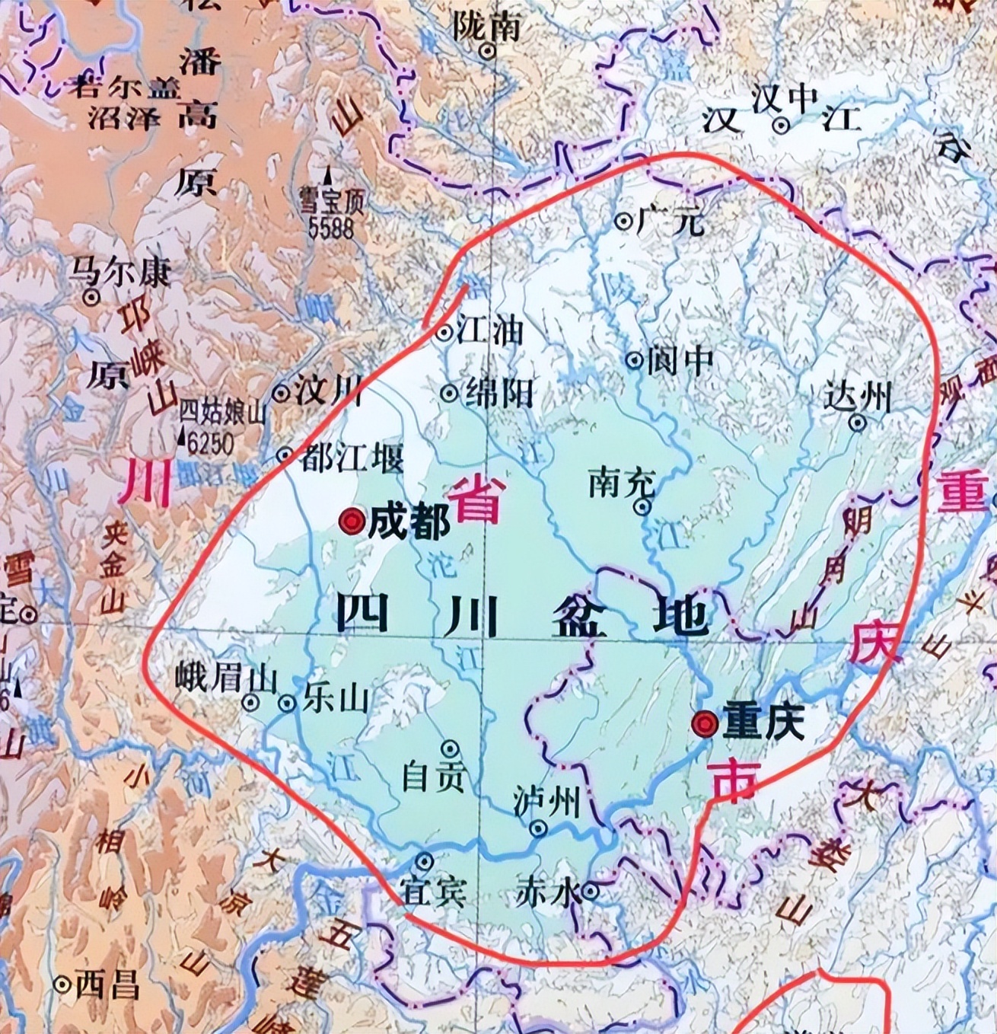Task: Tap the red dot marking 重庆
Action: coord(705,723)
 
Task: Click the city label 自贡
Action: coord(433,776)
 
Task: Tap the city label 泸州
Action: coord(546,803)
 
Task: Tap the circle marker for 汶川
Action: coord(282,394)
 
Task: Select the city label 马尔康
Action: coord(120,273)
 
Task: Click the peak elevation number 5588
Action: coord(333,227)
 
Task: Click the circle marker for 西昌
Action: coord(63,985)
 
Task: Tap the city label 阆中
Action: coord(680,360)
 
